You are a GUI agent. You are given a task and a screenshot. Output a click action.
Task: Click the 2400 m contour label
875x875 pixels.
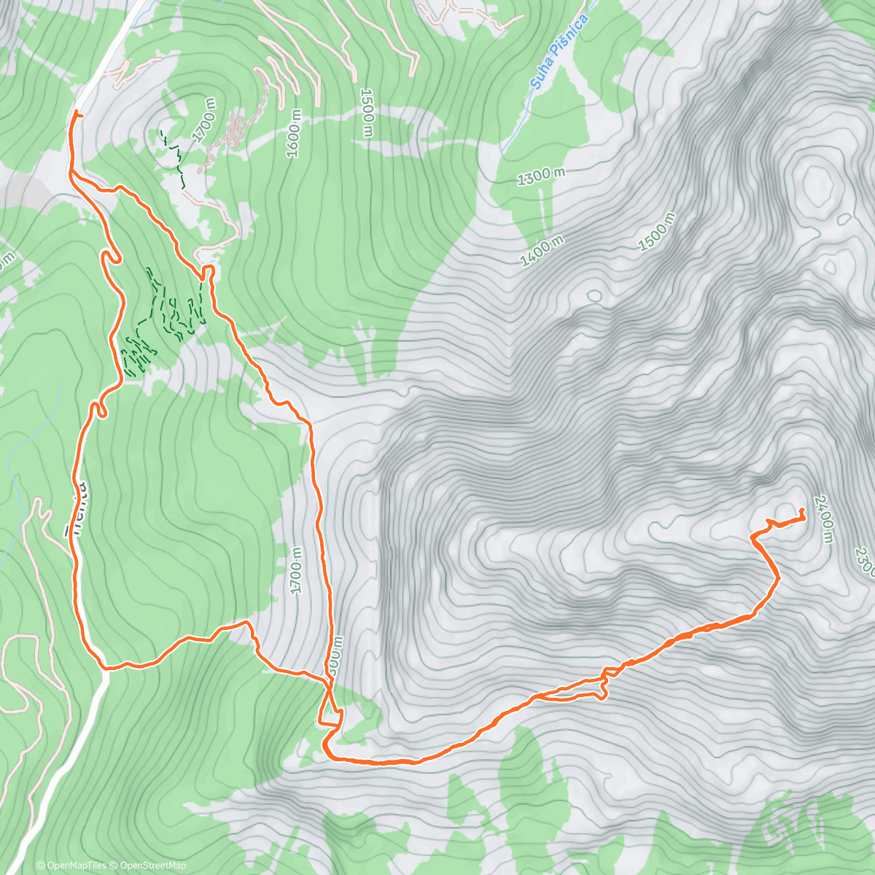[824, 518]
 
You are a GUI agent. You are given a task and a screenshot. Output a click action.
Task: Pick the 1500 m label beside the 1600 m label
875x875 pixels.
[367, 113]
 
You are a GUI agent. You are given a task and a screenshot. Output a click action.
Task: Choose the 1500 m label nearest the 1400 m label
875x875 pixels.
[656, 232]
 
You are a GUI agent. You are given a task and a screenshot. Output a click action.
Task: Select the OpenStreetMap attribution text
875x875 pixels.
[152, 866]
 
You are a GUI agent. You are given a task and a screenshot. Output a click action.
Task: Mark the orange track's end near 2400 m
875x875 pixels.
[802, 510]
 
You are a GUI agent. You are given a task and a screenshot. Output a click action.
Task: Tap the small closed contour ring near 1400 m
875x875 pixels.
[594, 296]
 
